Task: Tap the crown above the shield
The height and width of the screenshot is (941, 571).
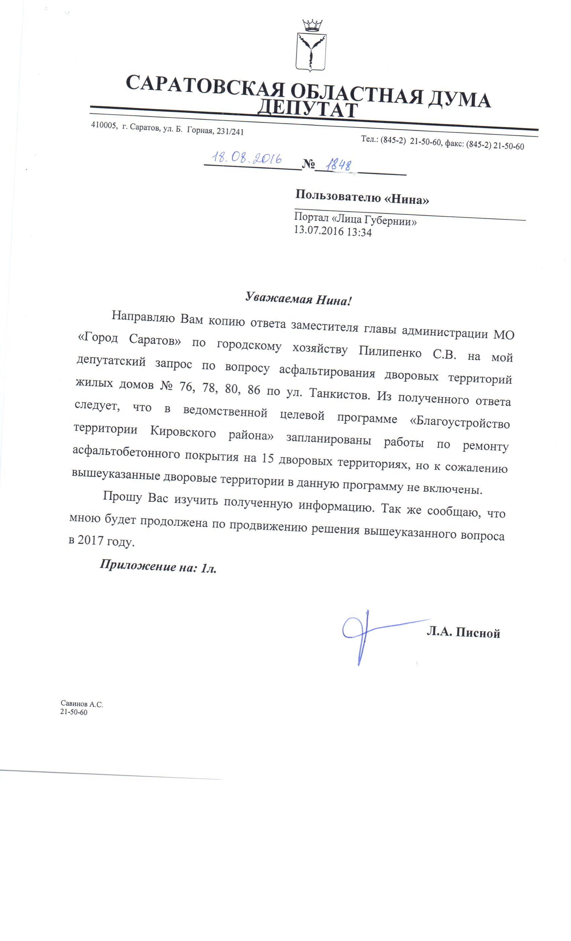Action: [312, 26]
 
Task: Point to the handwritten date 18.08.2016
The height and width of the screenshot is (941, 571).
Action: [247, 158]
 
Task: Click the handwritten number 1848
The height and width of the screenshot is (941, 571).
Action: [338, 165]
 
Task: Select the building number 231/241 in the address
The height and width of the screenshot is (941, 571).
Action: [230, 131]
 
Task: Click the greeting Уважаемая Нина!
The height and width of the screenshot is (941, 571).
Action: [298, 299]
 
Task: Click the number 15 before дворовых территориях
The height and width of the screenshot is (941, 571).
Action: [268, 458]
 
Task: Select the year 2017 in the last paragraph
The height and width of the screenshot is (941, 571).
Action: [90, 540]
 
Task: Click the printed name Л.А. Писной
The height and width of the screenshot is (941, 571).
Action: [463, 633]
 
